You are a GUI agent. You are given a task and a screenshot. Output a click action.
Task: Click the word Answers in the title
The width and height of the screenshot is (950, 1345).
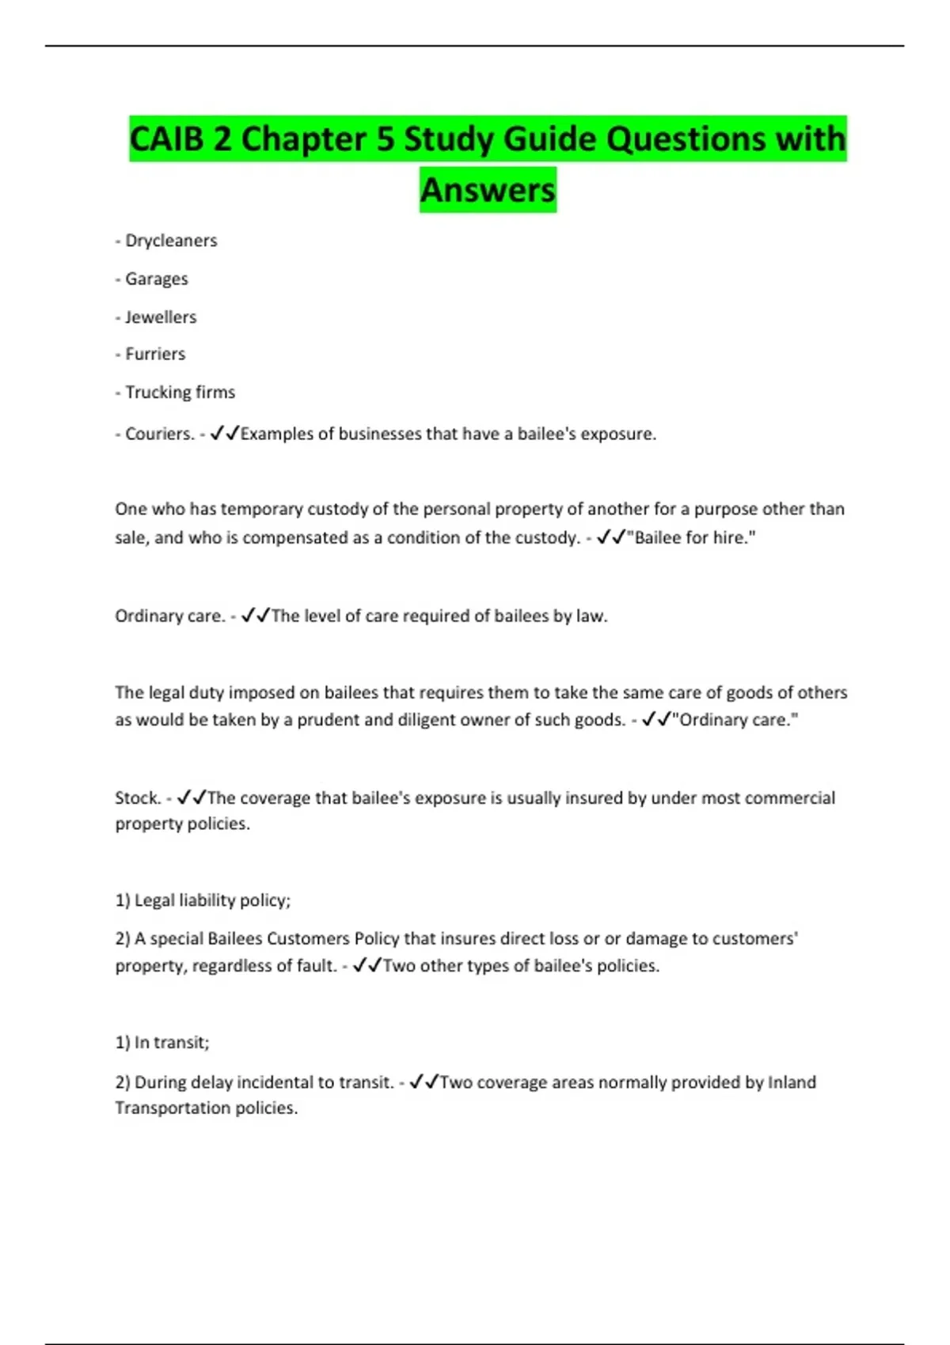pyautogui.click(x=488, y=190)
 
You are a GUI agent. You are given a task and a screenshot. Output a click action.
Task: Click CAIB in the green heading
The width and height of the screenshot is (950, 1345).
pyautogui.click(x=167, y=139)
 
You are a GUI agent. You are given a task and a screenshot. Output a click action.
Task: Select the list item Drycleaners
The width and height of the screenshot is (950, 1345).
pyautogui.click(x=171, y=241)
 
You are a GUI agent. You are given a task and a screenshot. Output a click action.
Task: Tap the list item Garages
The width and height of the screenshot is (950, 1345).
pyautogui.click(x=157, y=278)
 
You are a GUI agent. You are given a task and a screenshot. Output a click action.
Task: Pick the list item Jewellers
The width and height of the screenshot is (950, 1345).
pyautogui.click(x=161, y=316)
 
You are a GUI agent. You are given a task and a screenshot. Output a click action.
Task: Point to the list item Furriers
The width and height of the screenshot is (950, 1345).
pyautogui.click(x=155, y=354)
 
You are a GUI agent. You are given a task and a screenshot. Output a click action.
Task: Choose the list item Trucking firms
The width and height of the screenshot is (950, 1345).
pyautogui.click(x=180, y=392)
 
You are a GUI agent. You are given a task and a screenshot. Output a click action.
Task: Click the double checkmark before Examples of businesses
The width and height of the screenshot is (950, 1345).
pyautogui.click(x=225, y=433)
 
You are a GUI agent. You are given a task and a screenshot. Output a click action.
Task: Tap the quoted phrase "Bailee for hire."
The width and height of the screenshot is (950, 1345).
pyautogui.click(x=690, y=538)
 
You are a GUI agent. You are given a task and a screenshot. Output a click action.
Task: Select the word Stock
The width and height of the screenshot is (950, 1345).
pyautogui.click(x=138, y=798)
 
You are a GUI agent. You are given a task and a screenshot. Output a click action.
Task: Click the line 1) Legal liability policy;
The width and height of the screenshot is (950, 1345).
pyautogui.click(x=203, y=900)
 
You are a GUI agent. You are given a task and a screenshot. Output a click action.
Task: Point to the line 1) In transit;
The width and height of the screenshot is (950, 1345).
pyautogui.click(x=162, y=1042)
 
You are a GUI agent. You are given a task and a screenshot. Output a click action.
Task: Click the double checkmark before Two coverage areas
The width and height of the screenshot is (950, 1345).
pyautogui.click(x=424, y=1082)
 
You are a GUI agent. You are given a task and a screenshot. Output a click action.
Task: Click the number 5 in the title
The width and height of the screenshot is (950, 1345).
pyautogui.click(x=386, y=139)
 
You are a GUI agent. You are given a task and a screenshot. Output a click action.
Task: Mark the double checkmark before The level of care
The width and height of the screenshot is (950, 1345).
pyautogui.click(x=256, y=616)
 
